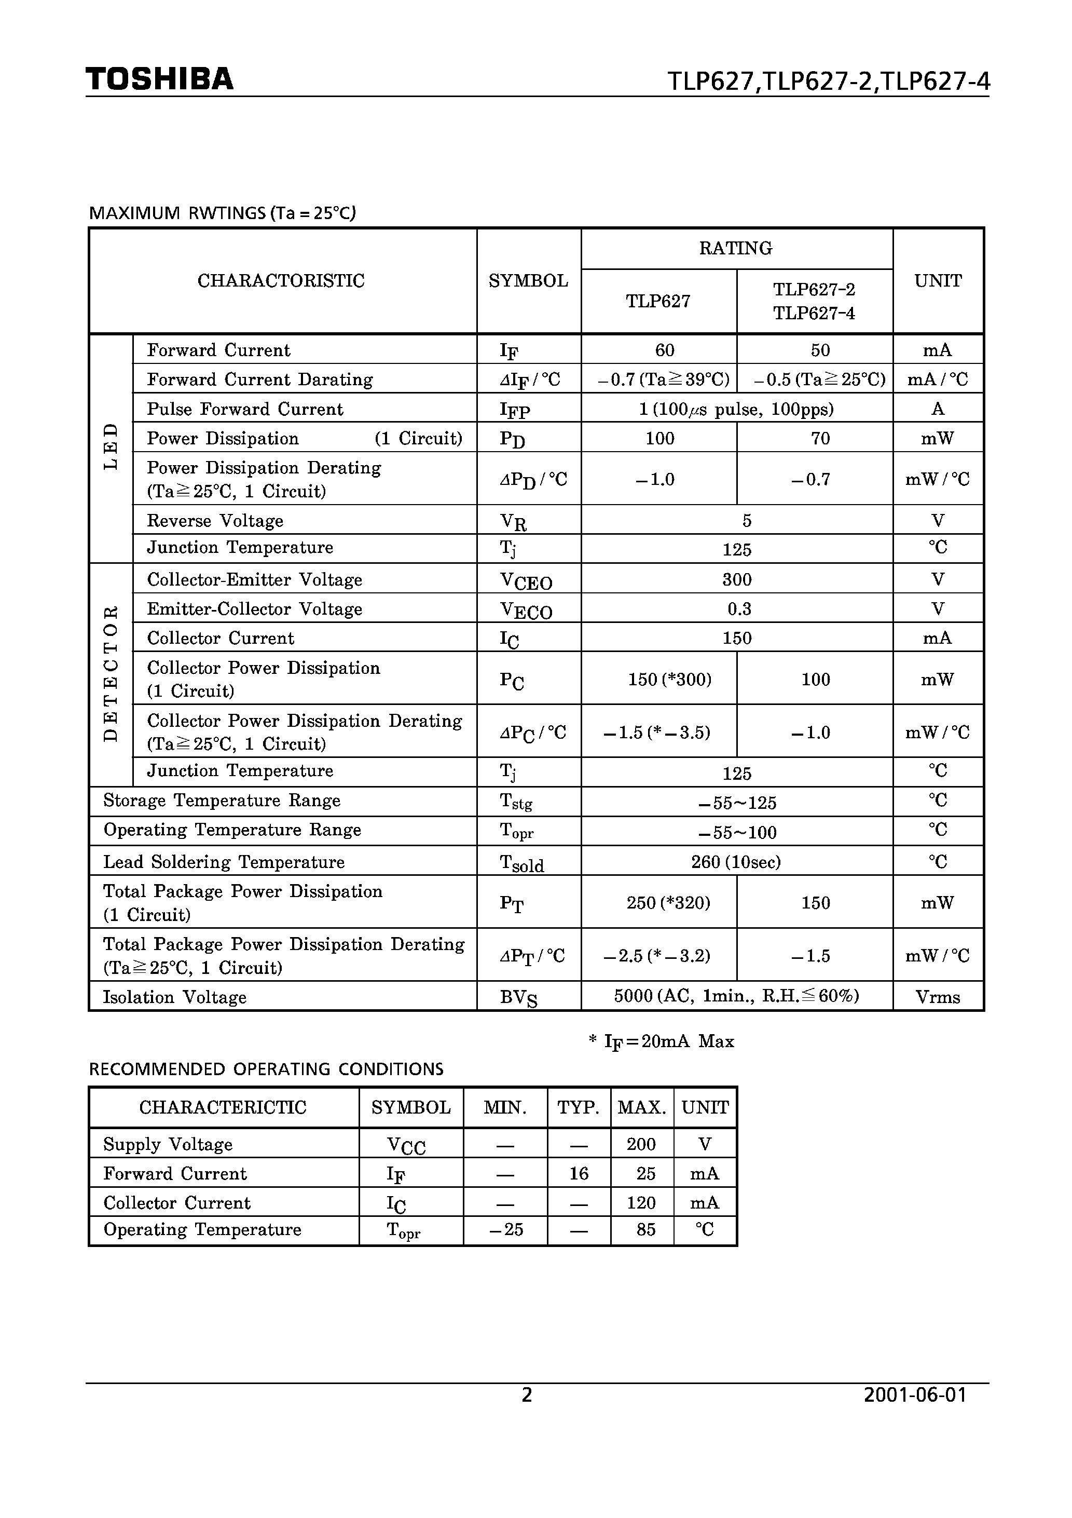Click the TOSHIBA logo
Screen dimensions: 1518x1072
[x=159, y=79]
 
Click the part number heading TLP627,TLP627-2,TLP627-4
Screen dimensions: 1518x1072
[x=828, y=82]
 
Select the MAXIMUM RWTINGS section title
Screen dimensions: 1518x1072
[x=222, y=213]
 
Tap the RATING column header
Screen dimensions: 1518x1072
[x=736, y=249]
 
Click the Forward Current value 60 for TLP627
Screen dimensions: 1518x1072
[x=664, y=350]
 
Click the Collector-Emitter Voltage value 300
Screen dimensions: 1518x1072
[x=737, y=579]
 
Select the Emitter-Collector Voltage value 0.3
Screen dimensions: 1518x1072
[x=739, y=608]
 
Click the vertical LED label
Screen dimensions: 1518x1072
[x=111, y=447]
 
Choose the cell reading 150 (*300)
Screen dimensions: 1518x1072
[x=669, y=679]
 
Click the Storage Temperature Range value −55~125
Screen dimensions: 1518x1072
[x=737, y=803]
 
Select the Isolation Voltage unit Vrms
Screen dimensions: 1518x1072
[x=937, y=997]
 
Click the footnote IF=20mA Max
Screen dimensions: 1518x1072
[x=662, y=1042]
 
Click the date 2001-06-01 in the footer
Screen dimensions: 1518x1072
[x=915, y=1395]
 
